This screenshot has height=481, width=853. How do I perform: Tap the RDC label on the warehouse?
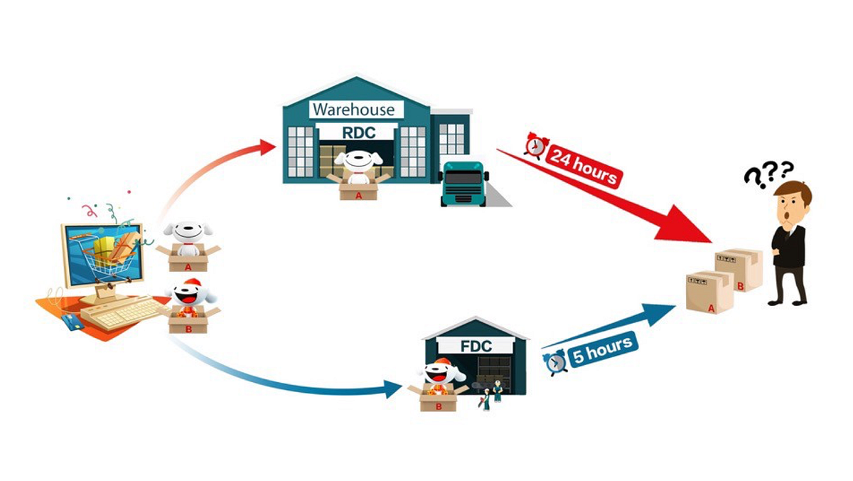tap(358, 132)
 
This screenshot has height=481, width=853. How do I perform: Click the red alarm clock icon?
tap(534, 145)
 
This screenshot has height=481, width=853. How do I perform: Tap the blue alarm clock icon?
tap(556, 362)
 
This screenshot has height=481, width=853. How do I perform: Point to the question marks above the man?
tap(768, 171)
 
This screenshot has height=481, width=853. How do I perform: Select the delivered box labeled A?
tap(709, 292)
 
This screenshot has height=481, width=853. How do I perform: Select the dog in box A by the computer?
tap(188, 238)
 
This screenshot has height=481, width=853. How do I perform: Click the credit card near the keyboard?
tap(73, 322)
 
